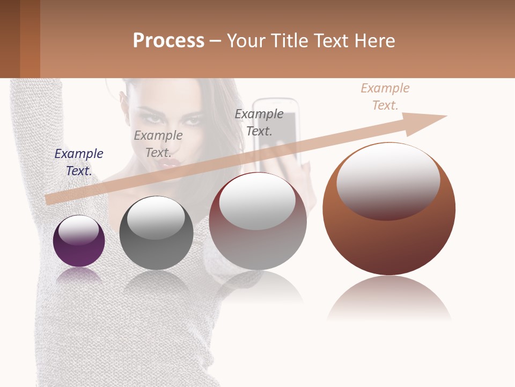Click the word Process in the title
tap(168, 40)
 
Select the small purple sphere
tap(79, 241)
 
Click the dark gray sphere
tap(156, 233)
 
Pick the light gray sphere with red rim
tap(257, 221)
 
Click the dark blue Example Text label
tap(79, 162)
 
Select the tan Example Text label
tap(385, 96)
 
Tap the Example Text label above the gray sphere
tap(158, 144)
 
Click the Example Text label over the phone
tap(259, 122)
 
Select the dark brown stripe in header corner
tap(10, 39)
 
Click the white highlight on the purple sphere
tap(79, 230)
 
